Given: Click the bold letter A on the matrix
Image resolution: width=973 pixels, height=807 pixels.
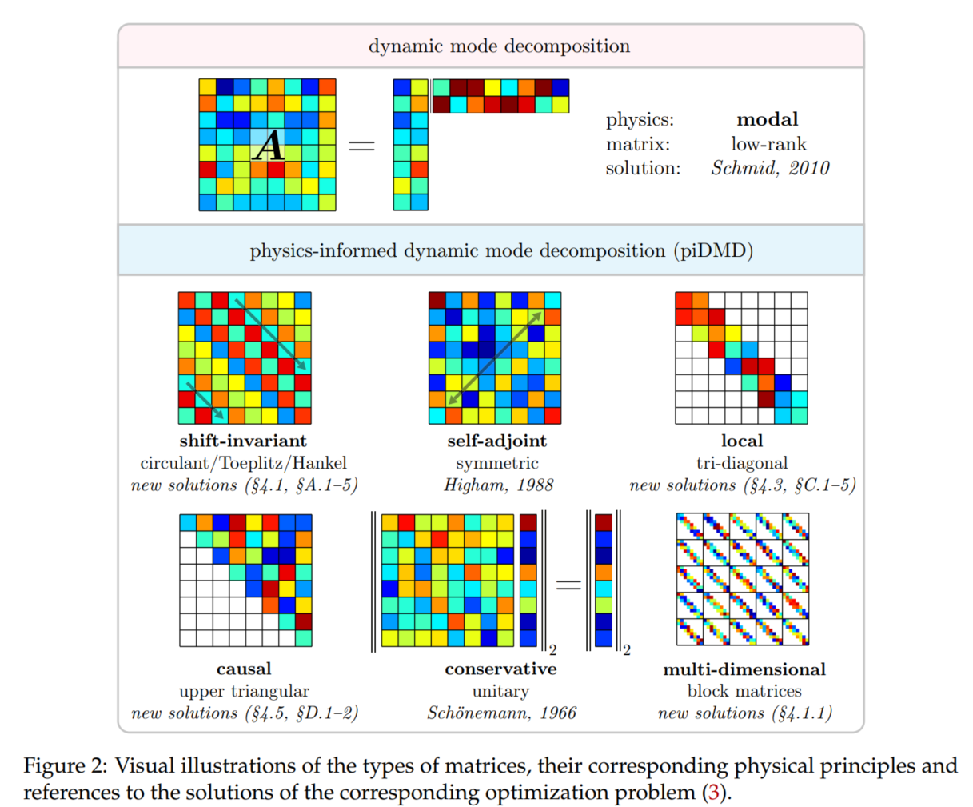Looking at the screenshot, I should pos(269,146).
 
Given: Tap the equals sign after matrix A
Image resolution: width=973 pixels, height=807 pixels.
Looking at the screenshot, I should pos(361,146).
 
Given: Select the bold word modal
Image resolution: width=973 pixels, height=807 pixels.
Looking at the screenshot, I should pos(767,119).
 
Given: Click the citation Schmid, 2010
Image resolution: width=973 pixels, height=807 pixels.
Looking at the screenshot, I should pos(770,168).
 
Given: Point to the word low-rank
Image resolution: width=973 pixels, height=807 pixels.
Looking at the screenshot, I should pos(768,144).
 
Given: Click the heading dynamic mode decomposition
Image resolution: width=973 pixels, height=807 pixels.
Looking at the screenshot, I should pos(499,46).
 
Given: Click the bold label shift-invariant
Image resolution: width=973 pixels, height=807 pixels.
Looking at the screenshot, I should pos(243,441).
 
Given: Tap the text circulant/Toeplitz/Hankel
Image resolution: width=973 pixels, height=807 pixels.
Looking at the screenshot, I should pos(244,463).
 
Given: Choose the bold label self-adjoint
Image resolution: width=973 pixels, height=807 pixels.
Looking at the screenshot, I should pos(496,441).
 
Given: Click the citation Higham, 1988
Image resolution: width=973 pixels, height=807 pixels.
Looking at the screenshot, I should pos(498,485).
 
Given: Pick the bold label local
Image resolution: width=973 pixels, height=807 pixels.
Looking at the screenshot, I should pos(741,441).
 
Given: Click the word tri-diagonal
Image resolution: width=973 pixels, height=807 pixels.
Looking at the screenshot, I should pos(741,463).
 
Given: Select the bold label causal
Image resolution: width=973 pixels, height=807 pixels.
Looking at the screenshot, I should pos(244,669).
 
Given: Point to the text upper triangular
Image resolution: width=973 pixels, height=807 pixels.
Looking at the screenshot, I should pos(244,691).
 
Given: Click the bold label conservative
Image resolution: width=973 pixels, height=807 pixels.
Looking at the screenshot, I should pos(500,669).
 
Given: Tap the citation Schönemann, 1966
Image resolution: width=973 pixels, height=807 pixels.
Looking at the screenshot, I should pos(501,713).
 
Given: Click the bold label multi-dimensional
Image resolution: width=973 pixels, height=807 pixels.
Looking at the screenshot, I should pos(744,669).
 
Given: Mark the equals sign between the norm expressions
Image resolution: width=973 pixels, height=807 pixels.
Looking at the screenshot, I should pos(568,585).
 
